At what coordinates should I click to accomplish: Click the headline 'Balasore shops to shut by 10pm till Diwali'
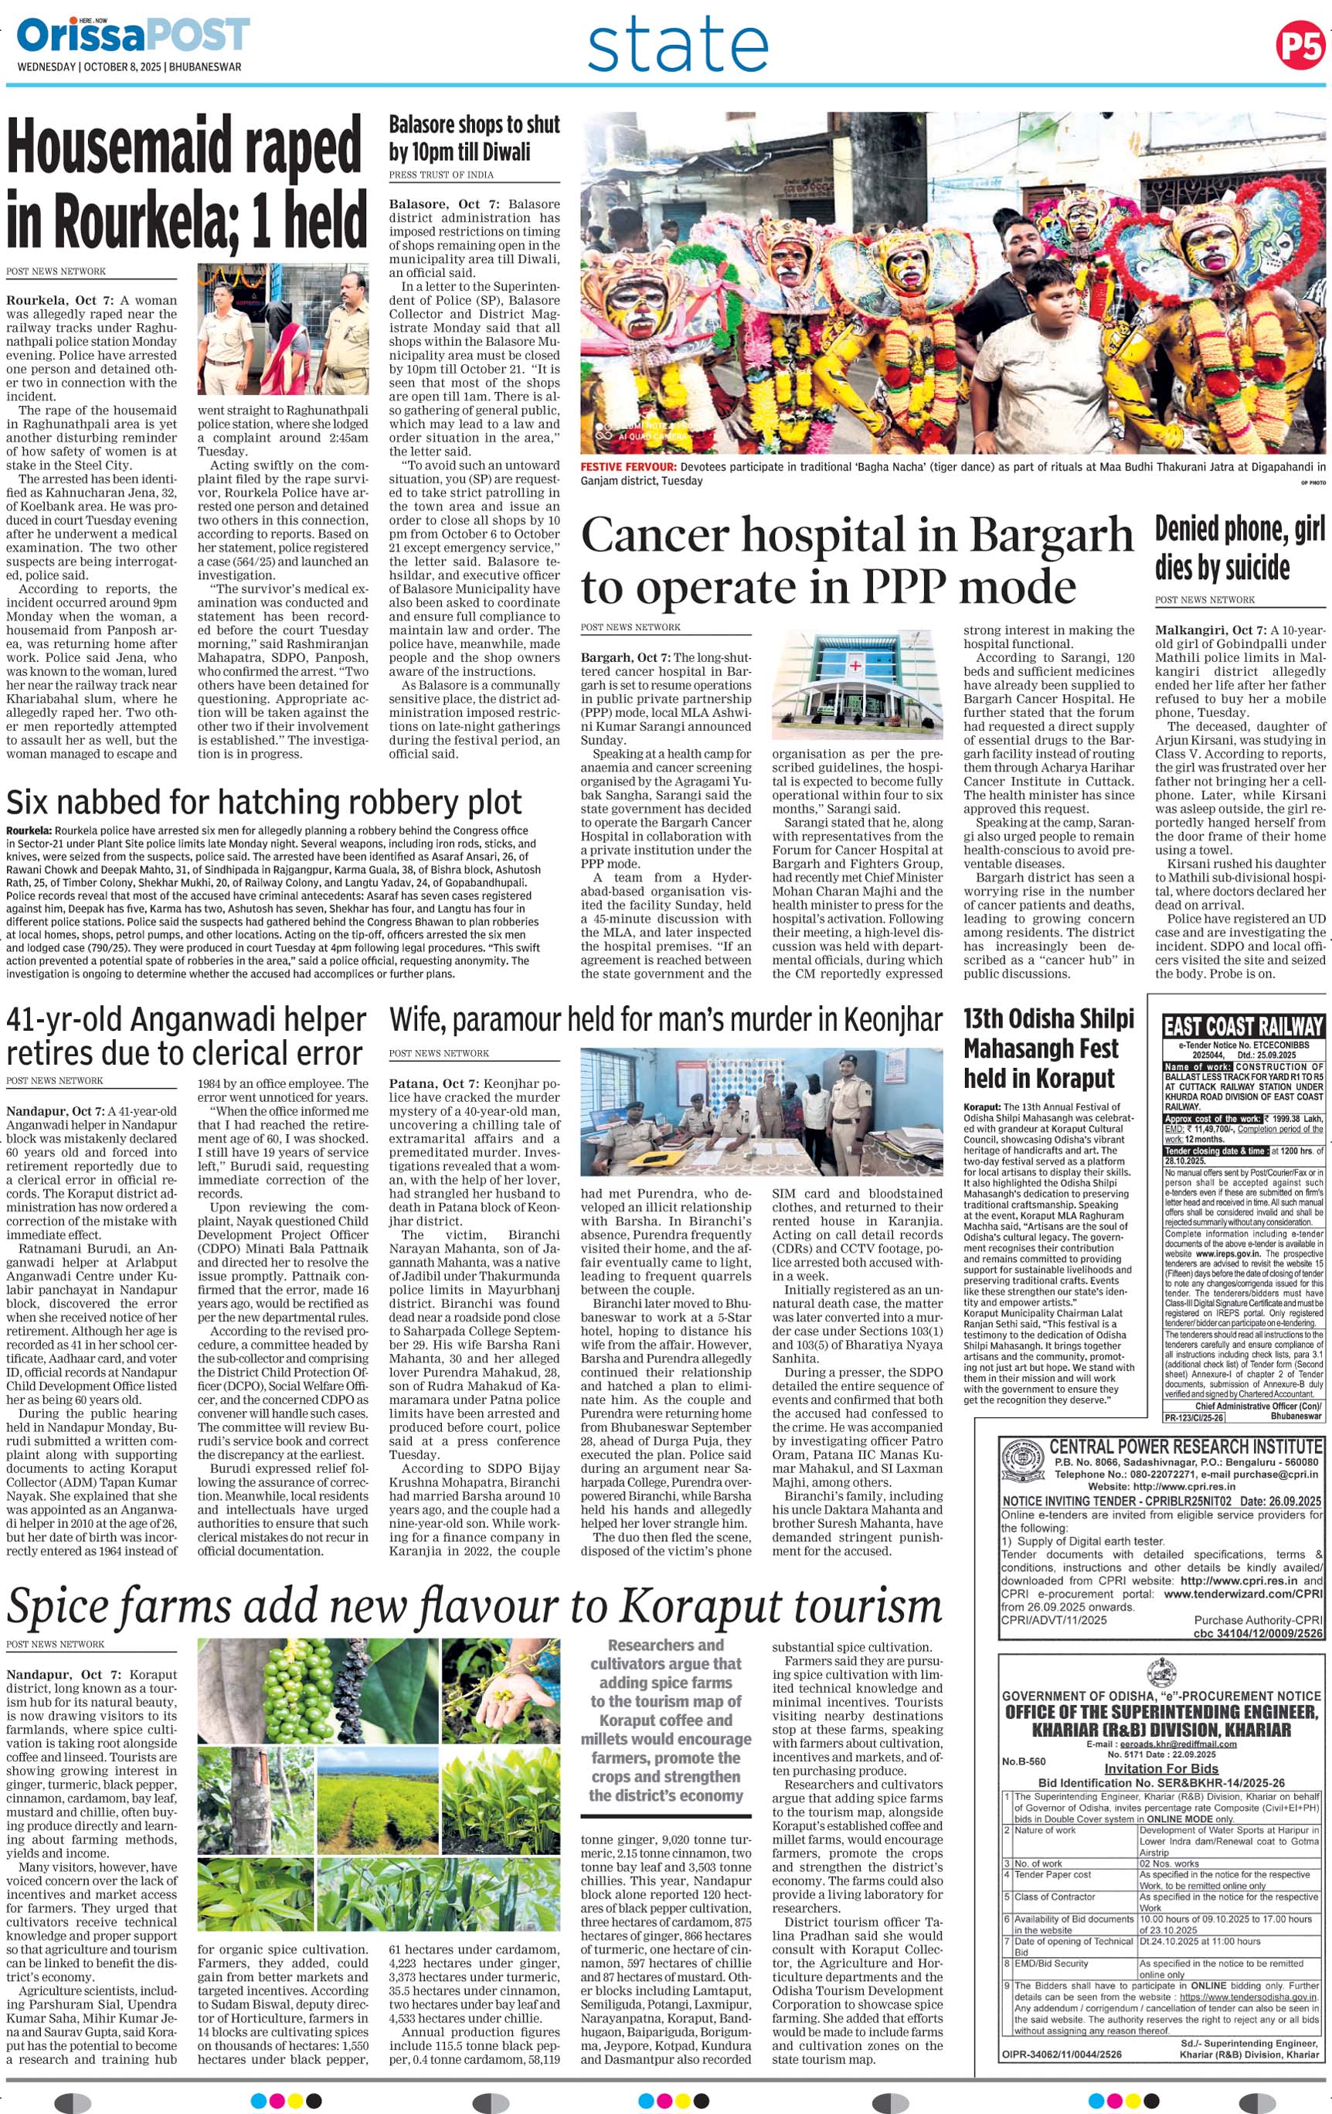[474, 138]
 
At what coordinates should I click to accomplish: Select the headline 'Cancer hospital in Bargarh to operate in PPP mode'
[855, 561]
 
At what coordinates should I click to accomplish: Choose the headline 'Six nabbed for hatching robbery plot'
[263, 803]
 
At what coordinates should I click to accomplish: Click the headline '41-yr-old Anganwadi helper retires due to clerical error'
[186, 1036]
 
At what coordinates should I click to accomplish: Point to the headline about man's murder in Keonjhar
[665, 1019]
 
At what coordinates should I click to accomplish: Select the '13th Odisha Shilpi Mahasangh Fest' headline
[1048, 1048]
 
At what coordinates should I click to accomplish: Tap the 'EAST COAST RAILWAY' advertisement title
[1242, 1025]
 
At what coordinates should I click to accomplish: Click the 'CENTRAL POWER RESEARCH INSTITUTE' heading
[1184, 1446]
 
